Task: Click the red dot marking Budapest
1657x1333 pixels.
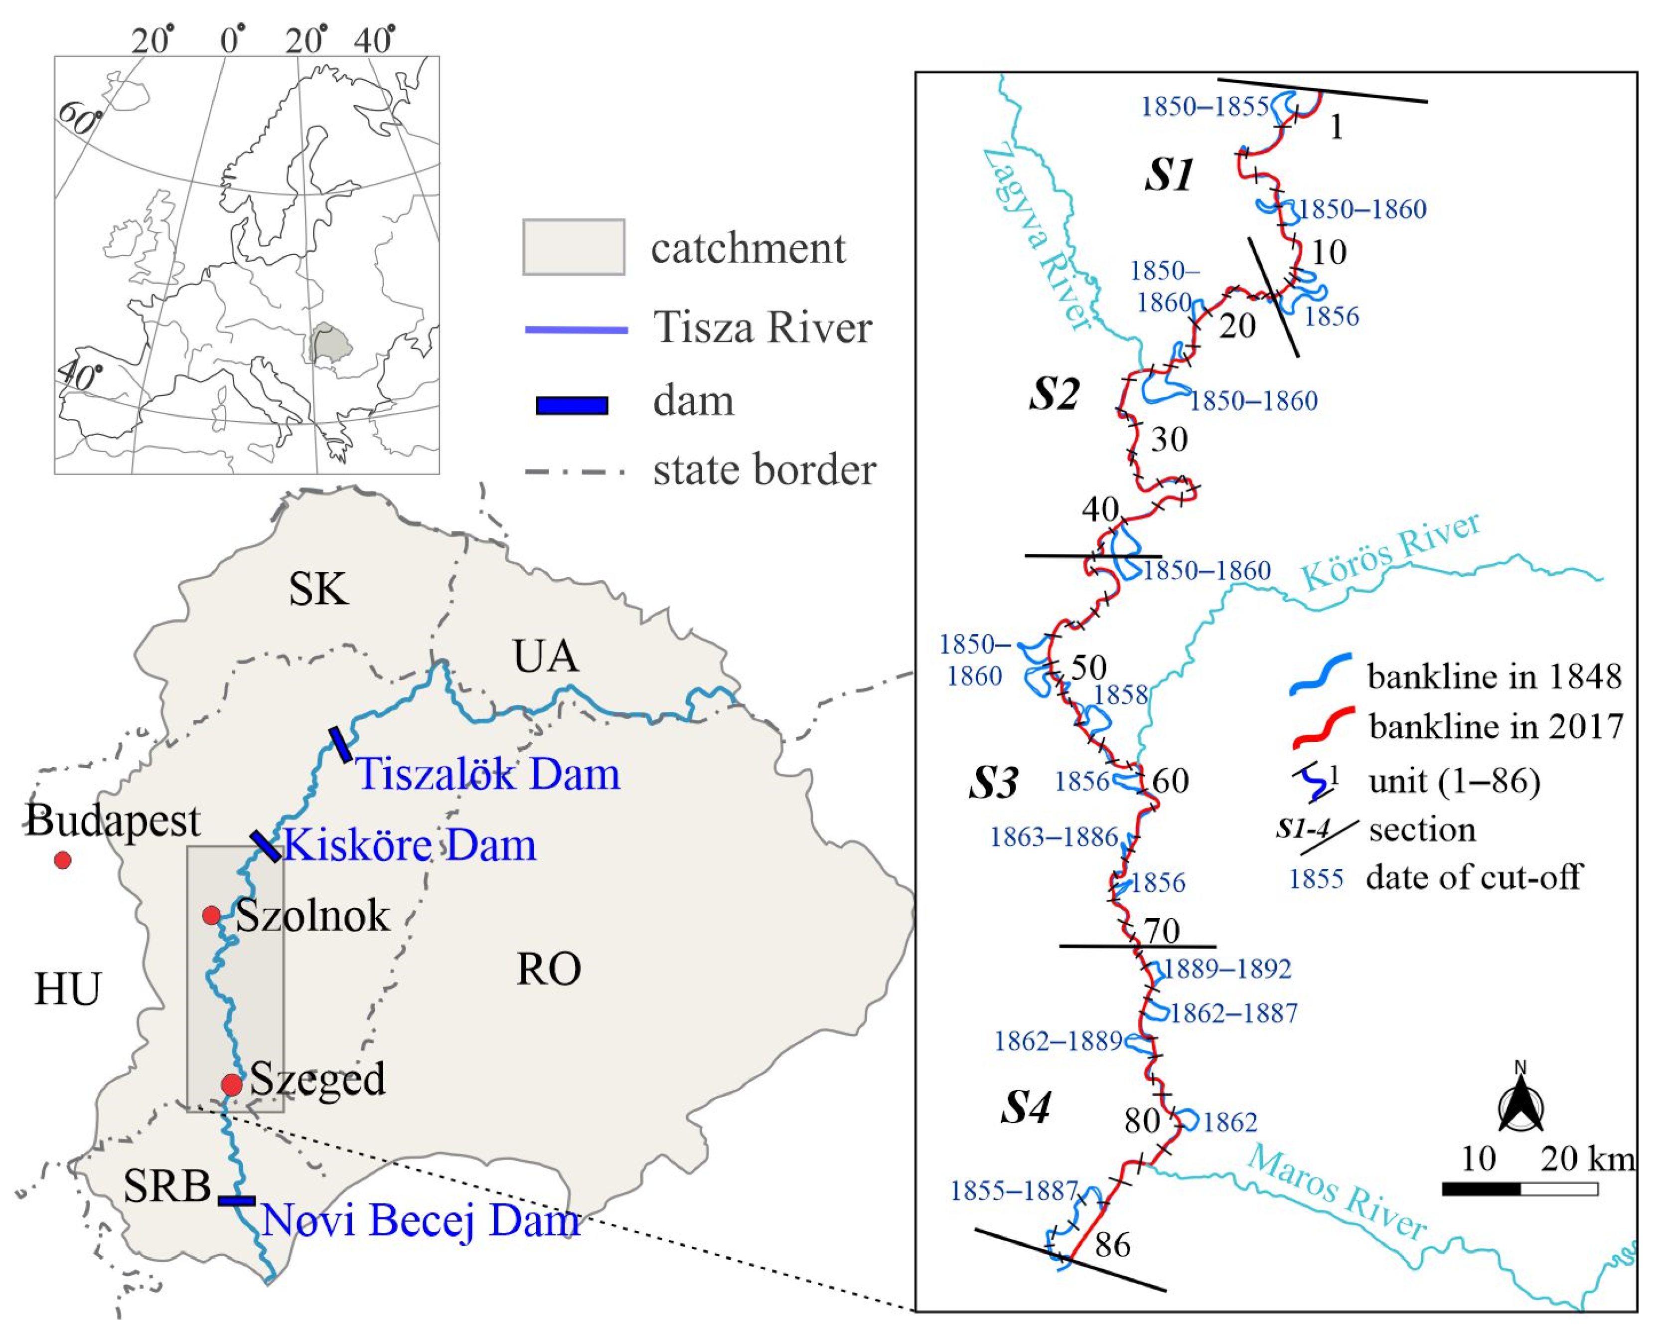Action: tap(62, 859)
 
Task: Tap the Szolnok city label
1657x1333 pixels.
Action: tap(312, 916)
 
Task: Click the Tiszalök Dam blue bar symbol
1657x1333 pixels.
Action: tap(340, 744)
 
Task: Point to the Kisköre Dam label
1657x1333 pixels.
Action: tap(411, 845)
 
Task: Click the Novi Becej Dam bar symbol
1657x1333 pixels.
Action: tap(237, 1200)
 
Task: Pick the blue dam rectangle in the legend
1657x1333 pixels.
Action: tap(573, 405)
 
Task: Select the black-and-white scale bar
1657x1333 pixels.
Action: tap(1519, 1188)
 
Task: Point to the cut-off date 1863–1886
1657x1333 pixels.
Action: tap(1053, 837)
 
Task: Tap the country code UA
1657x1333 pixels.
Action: tap(546, 657)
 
